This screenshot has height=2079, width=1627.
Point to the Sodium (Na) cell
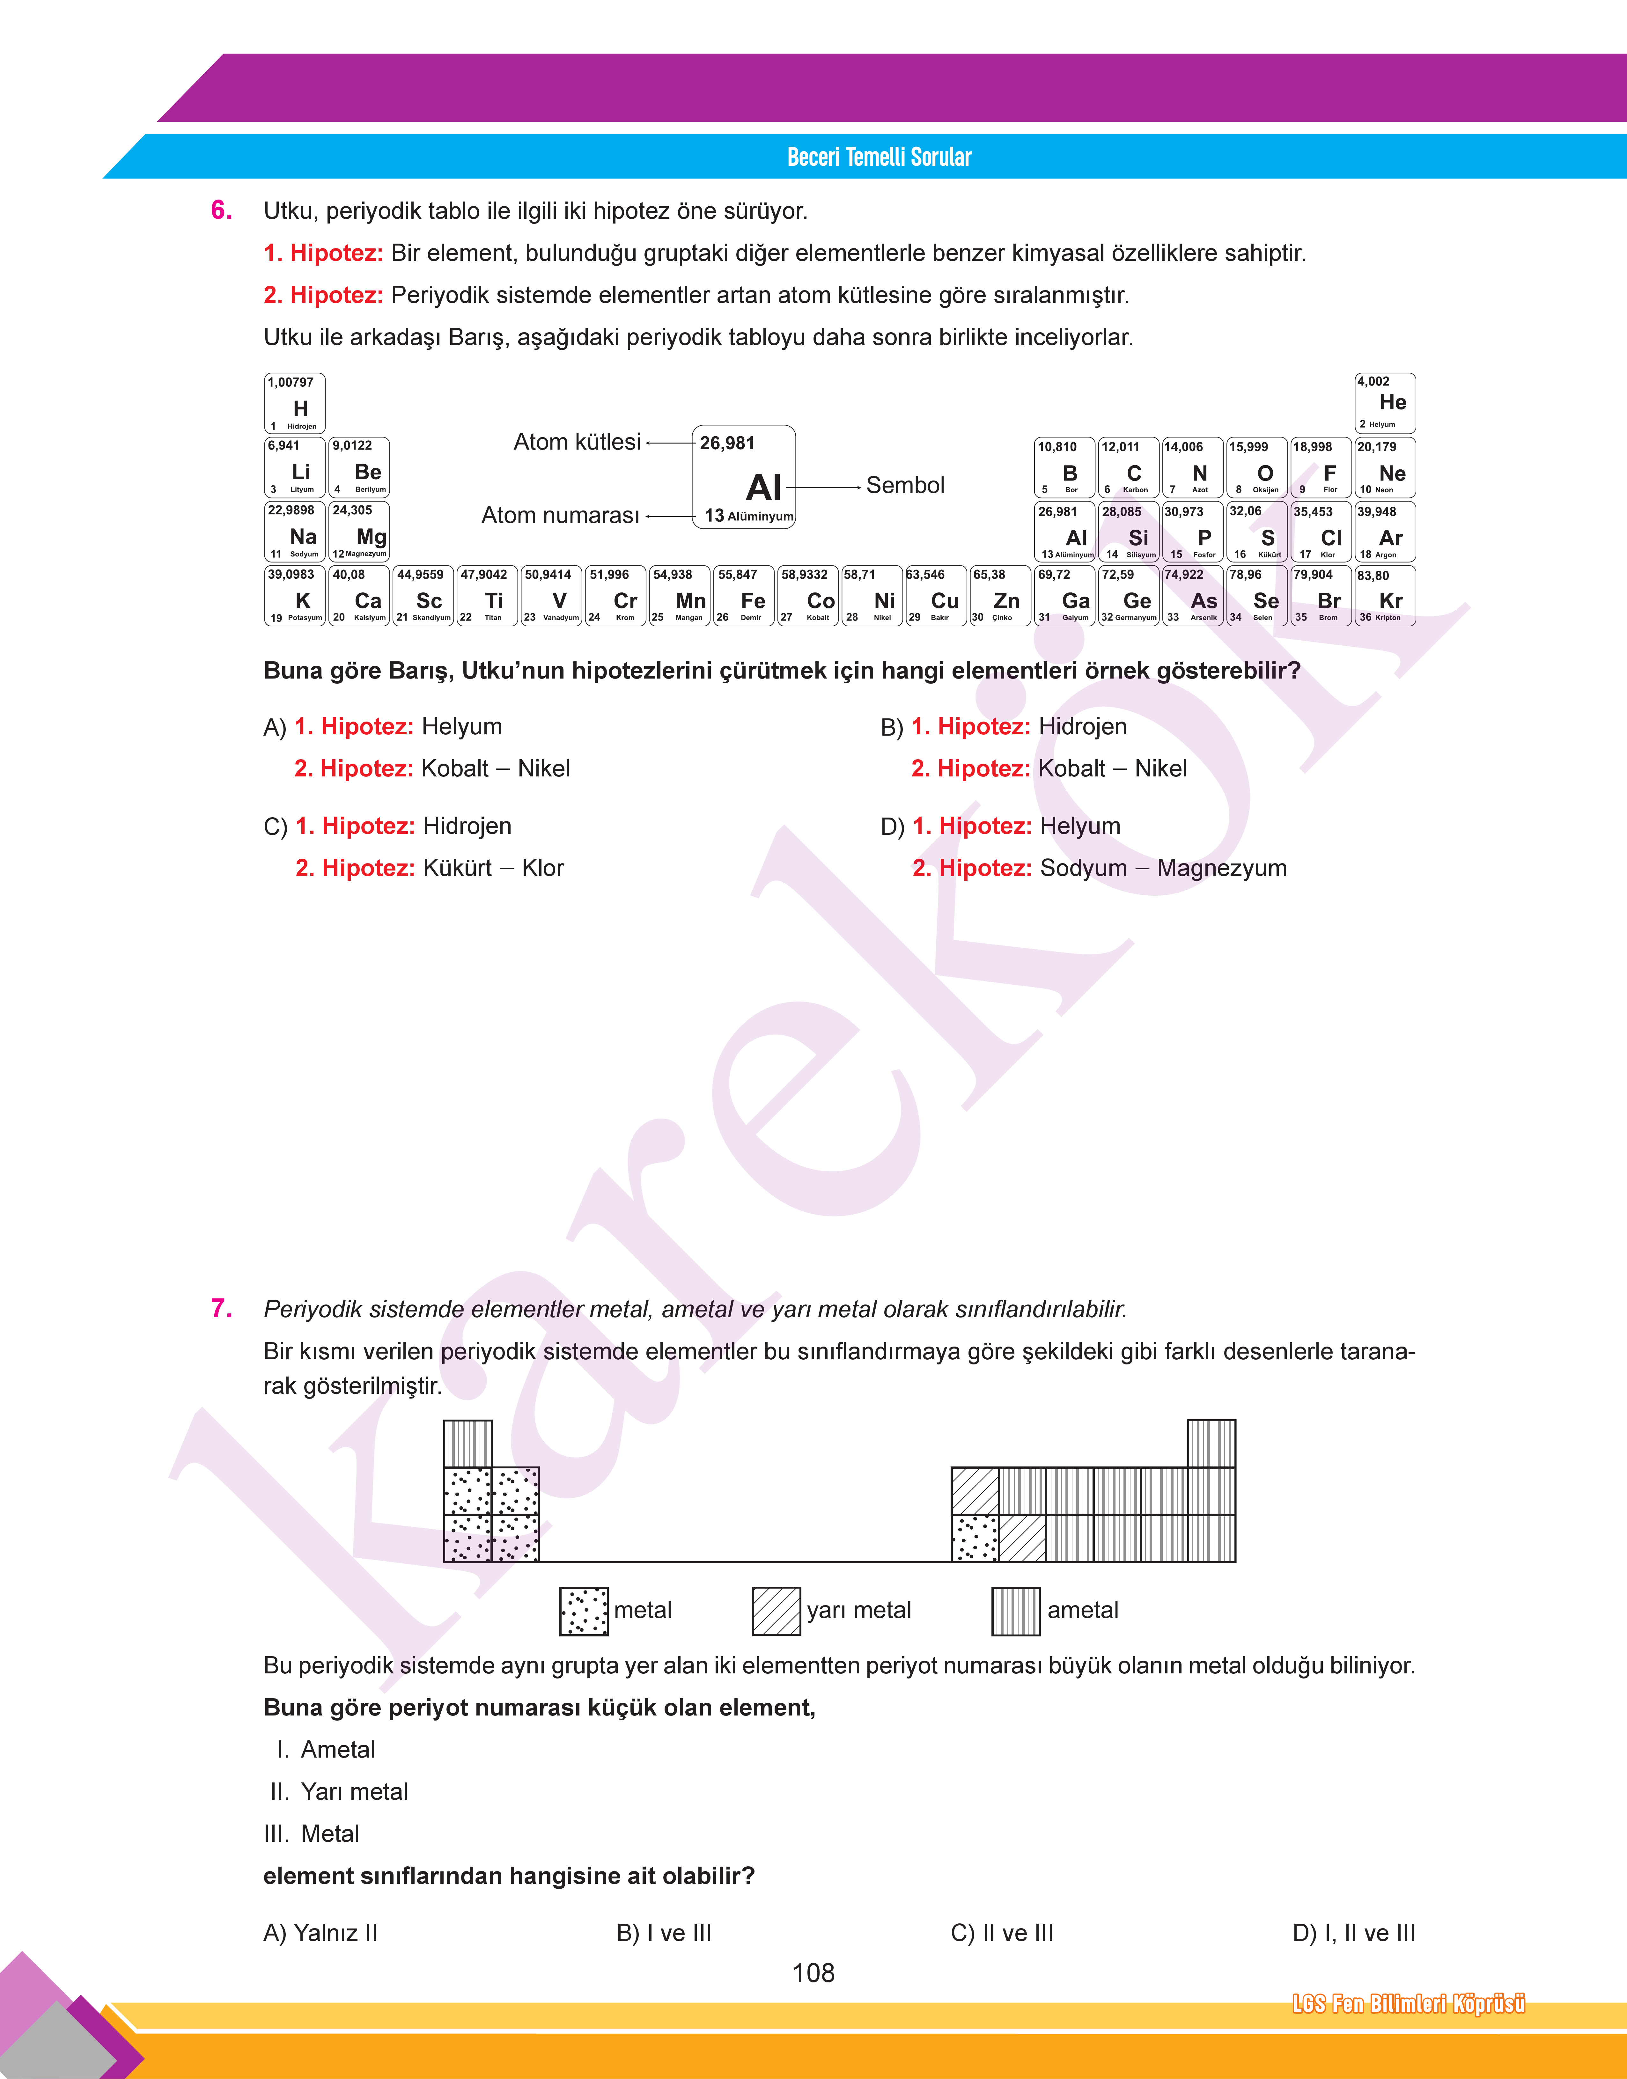pos(295,532)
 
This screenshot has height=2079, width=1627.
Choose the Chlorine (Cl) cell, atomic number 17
pos(1320,532)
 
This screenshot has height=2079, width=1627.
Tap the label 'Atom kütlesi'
pos(577,442)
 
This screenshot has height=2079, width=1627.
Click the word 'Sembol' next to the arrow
pos(905,485)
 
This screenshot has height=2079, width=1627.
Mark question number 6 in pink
pos(221,210)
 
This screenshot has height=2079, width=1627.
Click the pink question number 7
pos(221,1309)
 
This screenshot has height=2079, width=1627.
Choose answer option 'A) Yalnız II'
pos(320,1932)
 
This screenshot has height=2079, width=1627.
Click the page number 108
pos(813,1972)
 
